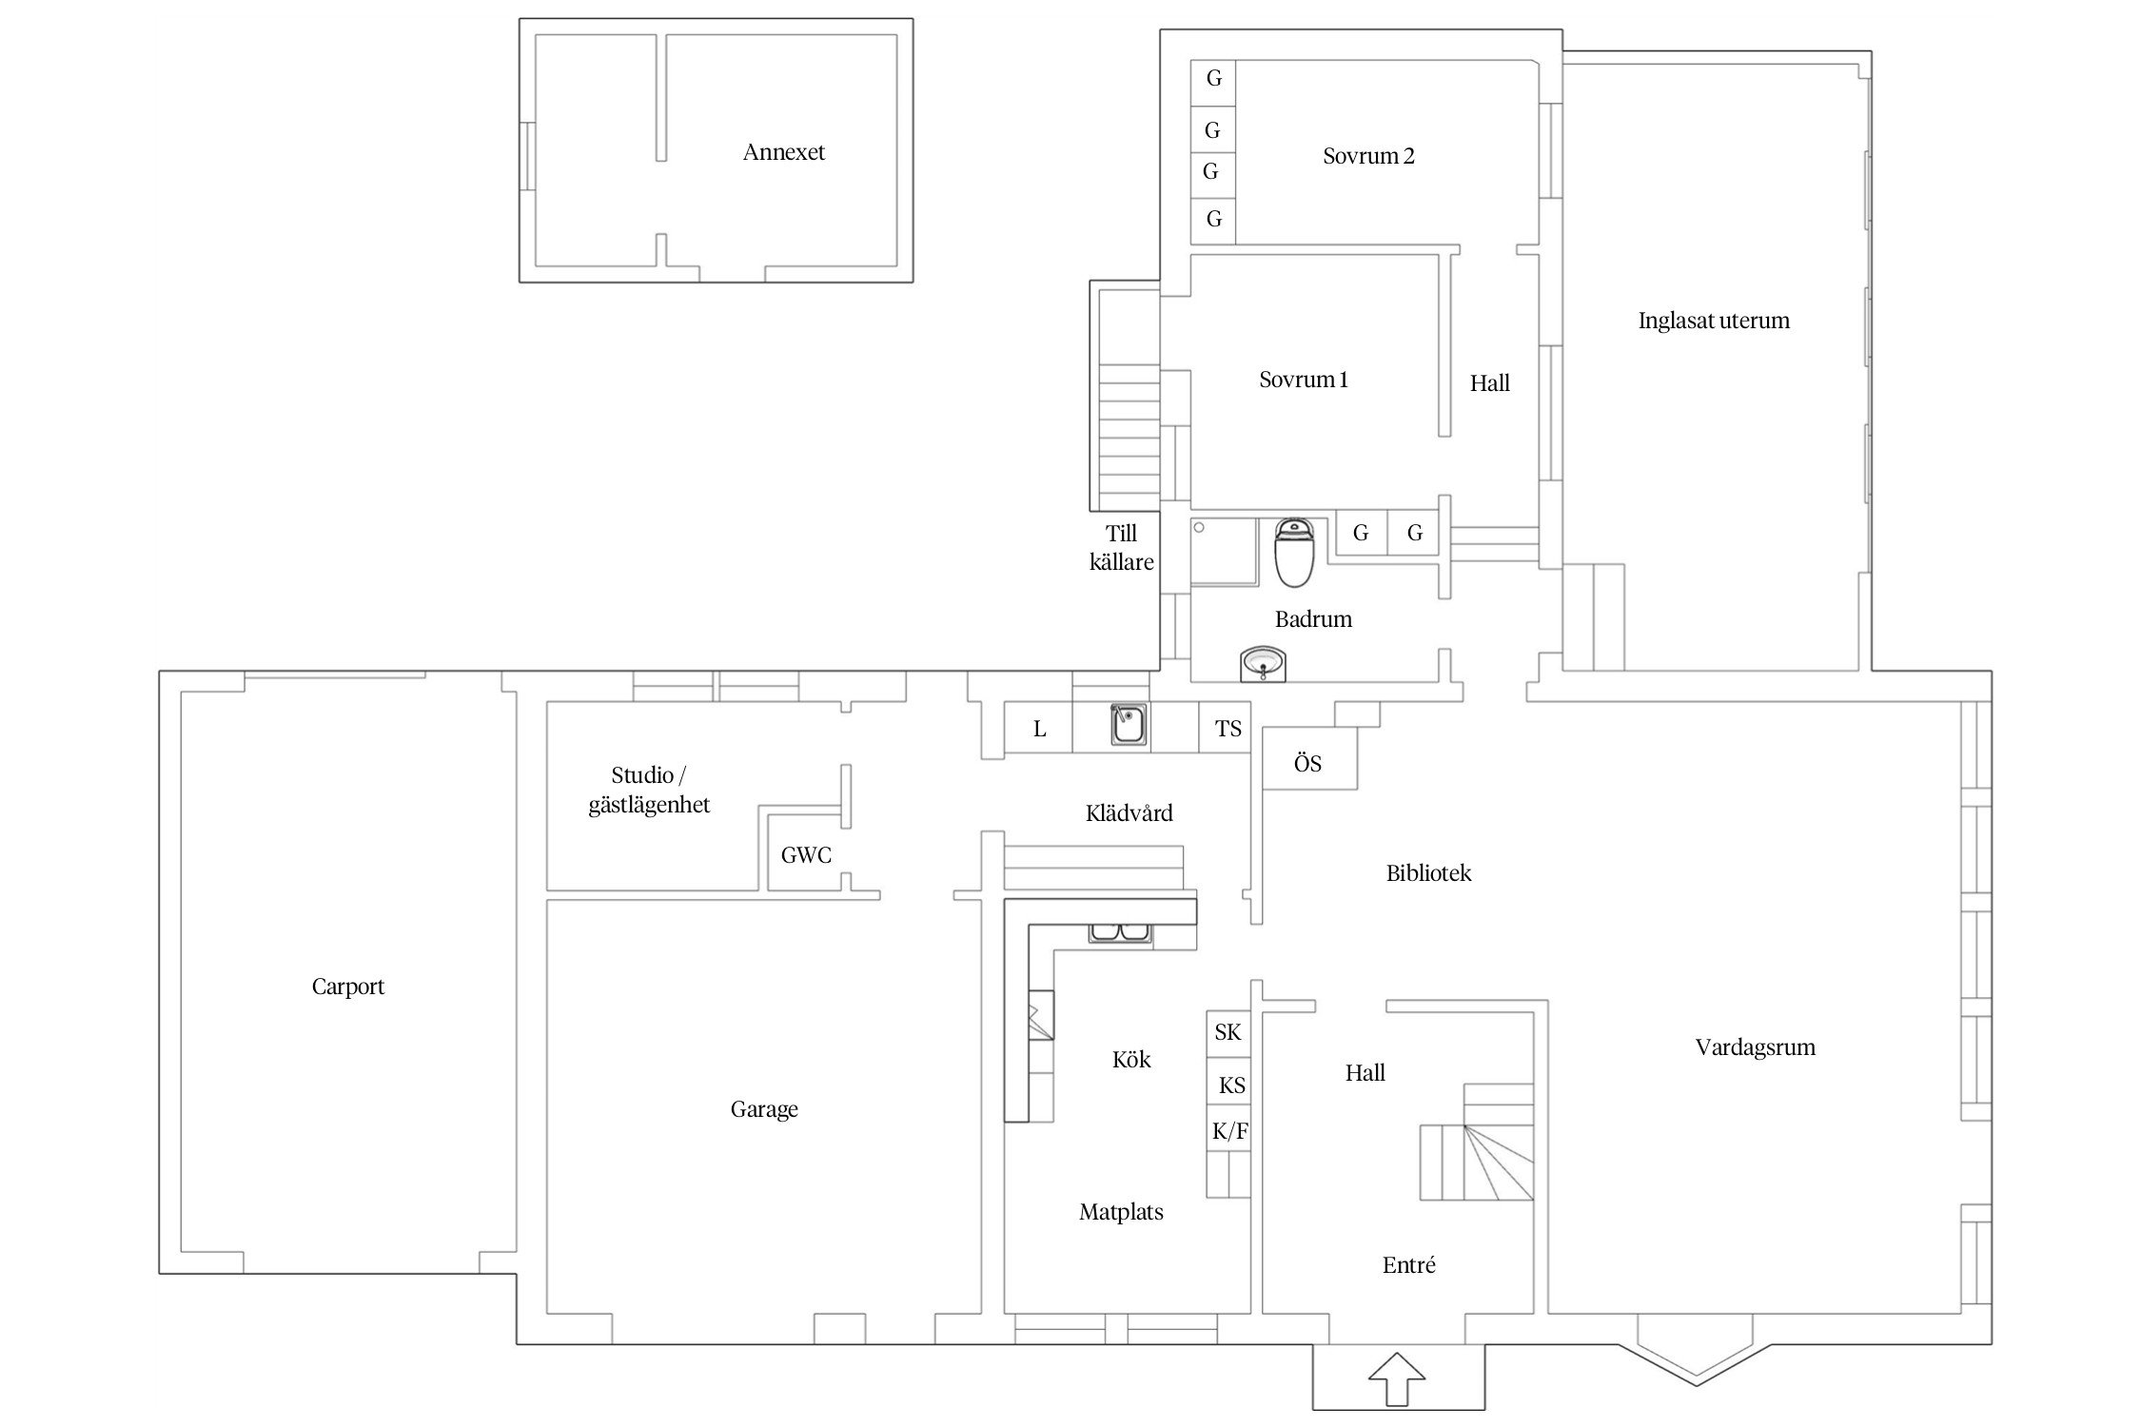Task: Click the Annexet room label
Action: click(x=784, y=152)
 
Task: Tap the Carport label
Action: click(x=348, y=987)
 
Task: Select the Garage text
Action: click(x=764, y=1109)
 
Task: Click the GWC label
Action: click(x=806, y=855)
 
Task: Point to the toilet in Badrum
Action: click(x=1294, y=553)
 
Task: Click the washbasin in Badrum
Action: click(x=1263, y=663)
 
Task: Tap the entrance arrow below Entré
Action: click(x=1397, y=1378)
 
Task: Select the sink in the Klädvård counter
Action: click(x=1129, y=726)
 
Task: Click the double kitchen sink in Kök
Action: click(x=1120, y=933)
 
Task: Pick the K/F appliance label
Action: click(x=1230, y=1131)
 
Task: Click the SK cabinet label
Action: click(x=1228, y=1032)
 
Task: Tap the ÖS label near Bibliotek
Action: click(x=1307, y=763)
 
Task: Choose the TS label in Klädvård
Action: click(x=1228, y=729)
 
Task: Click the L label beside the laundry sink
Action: click(x=1039, y=729)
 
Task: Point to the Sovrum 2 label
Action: click(x=1368, y=156)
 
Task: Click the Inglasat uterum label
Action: click(x=1714, y=321)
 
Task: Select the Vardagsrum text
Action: click(x=1756, y=1047)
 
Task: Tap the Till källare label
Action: click(x=1122, y=548)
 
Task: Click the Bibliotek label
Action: click(x=1428, y=873)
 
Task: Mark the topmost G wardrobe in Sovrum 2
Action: click(x=1213, y=78)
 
